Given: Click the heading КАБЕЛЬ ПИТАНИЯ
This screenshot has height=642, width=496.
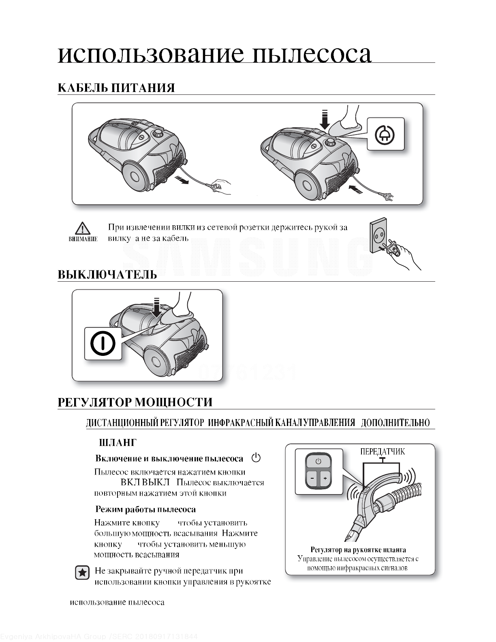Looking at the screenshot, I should tap(116, 88).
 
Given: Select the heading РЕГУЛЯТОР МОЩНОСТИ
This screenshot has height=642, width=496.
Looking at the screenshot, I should tap(135, 402).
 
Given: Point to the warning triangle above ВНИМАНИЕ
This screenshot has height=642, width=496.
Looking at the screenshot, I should tap(83, 229).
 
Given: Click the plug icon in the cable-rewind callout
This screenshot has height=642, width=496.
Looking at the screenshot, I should tap(385, 135).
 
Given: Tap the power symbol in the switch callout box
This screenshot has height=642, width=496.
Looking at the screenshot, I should tap(103, 344).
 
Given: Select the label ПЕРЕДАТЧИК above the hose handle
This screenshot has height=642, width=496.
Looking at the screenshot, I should tap(382, 452).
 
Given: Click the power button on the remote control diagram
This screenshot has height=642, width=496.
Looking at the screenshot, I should tap(319, 461).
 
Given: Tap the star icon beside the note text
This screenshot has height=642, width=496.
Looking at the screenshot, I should tap(83, 573).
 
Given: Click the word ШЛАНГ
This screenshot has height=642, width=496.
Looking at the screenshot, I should tap(118, 443).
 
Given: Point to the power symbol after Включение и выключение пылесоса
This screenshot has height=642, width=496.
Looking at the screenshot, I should tap(256, 458).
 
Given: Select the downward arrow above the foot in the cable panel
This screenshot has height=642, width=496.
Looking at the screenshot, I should tap(325, 119).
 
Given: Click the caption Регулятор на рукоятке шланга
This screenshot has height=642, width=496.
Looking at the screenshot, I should tap(358, 550).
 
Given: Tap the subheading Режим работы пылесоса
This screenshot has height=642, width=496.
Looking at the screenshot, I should tap(145, 509).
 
